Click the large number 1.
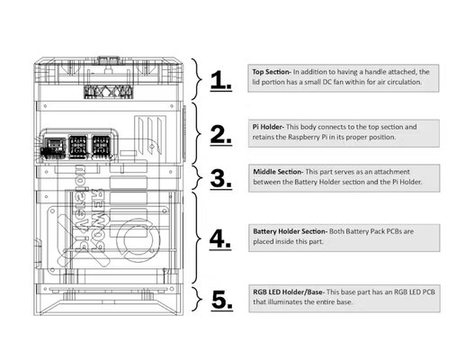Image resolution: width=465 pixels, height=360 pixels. tap(221, 80)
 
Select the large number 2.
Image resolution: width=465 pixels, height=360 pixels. tap(221, 135)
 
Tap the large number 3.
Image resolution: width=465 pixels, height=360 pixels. tap(221, 179)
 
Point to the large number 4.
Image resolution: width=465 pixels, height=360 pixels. tap(220, 239)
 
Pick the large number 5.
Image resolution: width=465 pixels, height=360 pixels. tap(222, 301)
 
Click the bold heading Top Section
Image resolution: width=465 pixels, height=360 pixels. tap(272, 72)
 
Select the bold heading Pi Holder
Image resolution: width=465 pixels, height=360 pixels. tap(268, 127)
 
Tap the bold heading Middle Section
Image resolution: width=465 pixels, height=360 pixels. tap(278, 172)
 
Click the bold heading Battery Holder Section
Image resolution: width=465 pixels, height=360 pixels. tap(291, 231)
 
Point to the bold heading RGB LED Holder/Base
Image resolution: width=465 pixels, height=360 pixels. tap(289, 292)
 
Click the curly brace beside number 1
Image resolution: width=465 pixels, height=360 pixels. tap(197, 79)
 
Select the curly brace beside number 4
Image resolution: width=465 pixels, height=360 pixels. tap(198, 238)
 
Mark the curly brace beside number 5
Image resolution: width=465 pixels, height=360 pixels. tap(198, 299)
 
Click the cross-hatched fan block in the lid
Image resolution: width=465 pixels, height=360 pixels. tap(108, 92)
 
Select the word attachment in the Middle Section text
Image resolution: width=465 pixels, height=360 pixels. tap(390, 172)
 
